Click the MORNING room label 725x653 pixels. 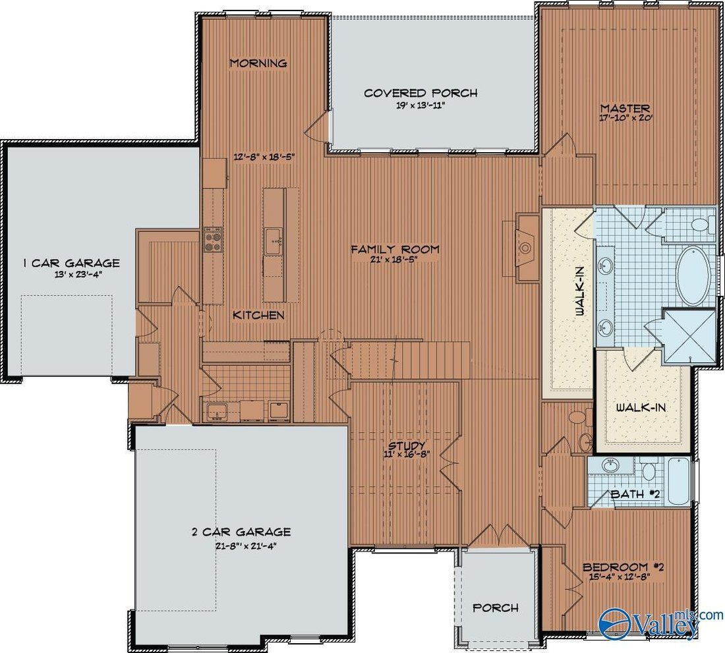pyautogui.click(x=258, y=63)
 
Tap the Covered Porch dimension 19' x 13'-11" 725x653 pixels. pyautogui.click(x=420, y=105)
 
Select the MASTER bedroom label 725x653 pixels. pyautogui.click(x=625, y=108)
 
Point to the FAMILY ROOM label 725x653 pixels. pyautogui.click(x=395, y=250)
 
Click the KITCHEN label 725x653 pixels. pyautogui.click(x=258, y=315)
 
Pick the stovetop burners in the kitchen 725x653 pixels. pyautogui.click(x=213, y=239)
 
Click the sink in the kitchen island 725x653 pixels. pyautogui.click(x=274, y=241)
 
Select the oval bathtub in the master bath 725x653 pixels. pyautogui.click(x=693, y=276)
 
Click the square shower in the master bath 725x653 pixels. pyautogui.click(x=689, y=336)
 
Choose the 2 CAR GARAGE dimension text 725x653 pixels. pyautogui.click(x=246, y=546)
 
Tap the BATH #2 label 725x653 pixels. pyautogui.click(x=634, y=494)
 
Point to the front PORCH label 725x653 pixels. pyautogui.click(x=495, y=608)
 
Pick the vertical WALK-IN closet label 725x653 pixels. pyautogui.click(x=580, y=292)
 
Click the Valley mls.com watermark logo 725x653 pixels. pyautogui.click(x=660, y=624)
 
